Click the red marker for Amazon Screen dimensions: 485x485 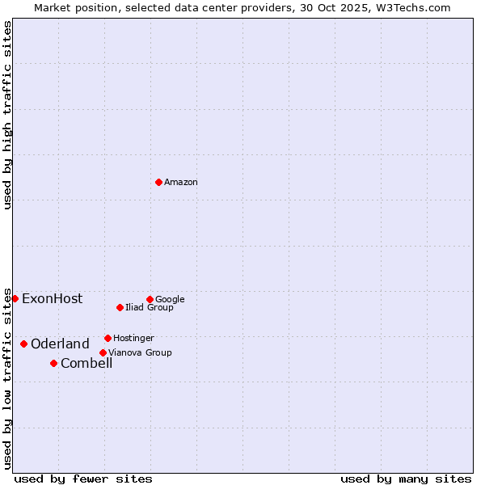tap(158, 182)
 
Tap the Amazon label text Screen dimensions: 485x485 tap(181, 183)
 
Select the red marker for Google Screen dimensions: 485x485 tap(150, 299)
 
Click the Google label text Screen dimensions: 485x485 tap(170, 299)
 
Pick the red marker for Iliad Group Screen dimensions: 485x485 tap(120, 307)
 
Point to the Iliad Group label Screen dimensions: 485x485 tap(150, 308)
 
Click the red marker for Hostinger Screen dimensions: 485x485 tap(108, 338)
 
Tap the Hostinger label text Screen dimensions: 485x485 tap(133, 338)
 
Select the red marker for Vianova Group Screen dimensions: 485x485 tap(103, 352)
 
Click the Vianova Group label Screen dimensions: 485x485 tap(140, 352)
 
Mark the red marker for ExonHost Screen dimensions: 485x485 tap(15, 298)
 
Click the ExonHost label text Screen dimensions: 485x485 tap(52, 299)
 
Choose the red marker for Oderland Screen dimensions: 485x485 tap(23, 344)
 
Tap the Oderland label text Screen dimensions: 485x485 tap(60, 344)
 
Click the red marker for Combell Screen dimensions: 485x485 tap(53, 363)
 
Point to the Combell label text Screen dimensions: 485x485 tap(86, 364)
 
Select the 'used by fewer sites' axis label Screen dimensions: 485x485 tap(83, 479)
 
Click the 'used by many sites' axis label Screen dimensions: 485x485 tap(406, 479)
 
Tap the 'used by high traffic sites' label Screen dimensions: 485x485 tap(8, 115)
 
